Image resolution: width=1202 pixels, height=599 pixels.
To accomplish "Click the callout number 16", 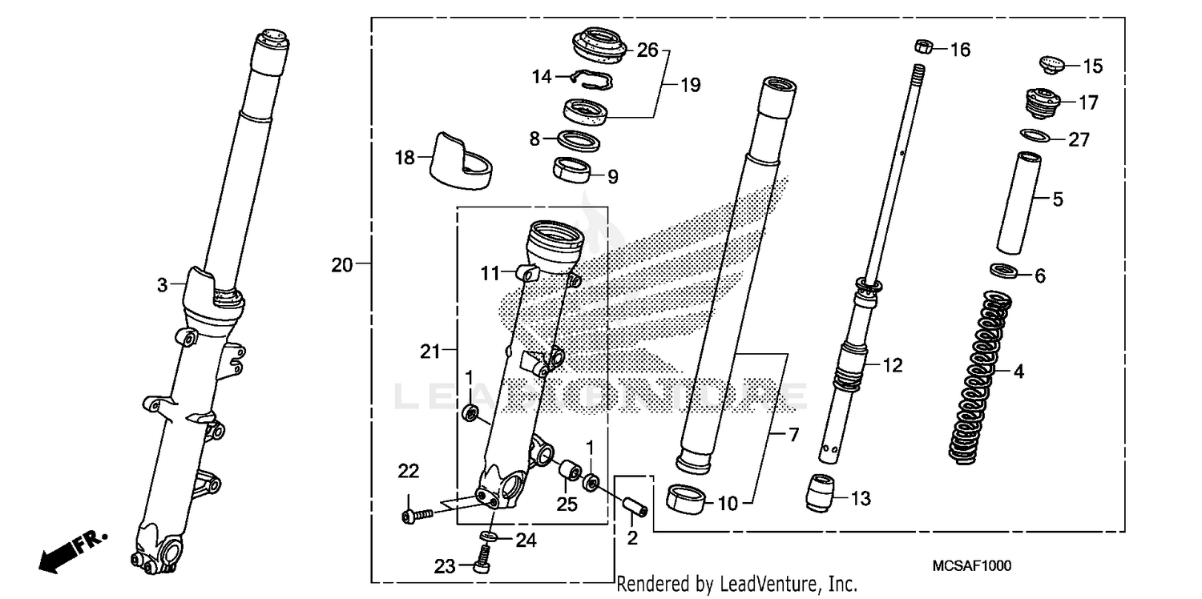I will pyautogui.click(x=959, y=50).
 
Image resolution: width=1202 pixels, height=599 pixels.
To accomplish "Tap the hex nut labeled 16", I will pyautogui.click(x=922, y=46).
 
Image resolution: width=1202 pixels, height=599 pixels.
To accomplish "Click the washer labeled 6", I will pyautogui.click(x=1005, y=271).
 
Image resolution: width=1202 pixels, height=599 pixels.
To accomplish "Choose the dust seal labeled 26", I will pyautogui.click(x=599, y=46).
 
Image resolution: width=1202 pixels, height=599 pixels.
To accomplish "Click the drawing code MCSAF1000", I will pyautogui.click(x=971, y=566).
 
